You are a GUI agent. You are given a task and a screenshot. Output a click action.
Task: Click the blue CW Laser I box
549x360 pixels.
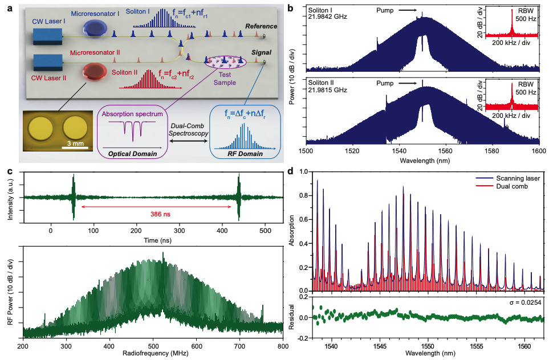47,35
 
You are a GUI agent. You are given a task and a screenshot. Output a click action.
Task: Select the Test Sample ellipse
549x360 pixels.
226,67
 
